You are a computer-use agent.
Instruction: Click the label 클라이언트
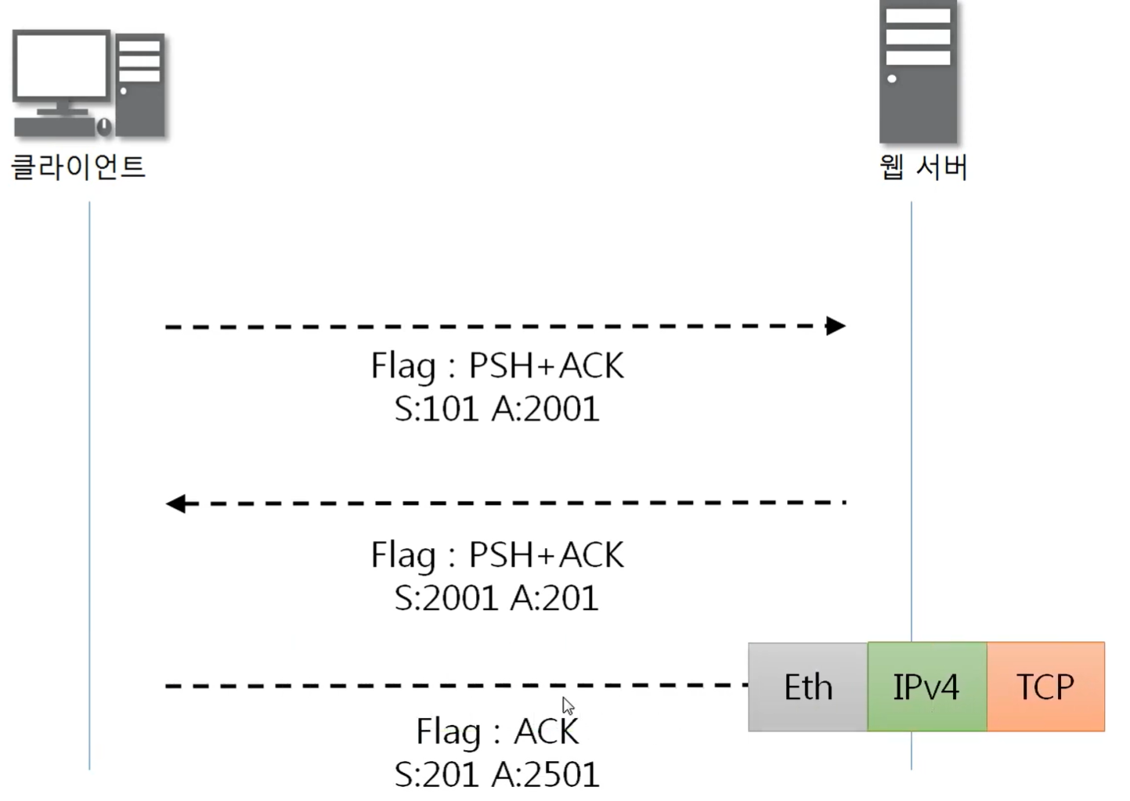(78, 167)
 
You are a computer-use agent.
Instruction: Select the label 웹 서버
(923, 167)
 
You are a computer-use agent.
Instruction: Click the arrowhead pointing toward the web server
(836, 326)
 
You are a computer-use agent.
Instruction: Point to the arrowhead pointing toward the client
(176, 503)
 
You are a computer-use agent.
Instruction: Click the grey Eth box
(807, 687)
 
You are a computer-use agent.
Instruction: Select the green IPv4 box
(926, 687)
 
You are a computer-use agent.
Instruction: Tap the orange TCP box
(1045, 687)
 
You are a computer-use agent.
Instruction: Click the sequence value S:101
(436, 409)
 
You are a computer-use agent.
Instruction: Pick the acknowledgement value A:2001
(546, 409)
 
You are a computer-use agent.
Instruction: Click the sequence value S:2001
(445, 598)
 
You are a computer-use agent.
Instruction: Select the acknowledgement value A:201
(554, 598)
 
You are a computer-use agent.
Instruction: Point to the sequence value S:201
(436, 775)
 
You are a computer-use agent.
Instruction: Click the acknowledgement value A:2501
(546, 775)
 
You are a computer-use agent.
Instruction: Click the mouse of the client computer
(103, 125)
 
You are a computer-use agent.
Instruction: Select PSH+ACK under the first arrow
(546, 366)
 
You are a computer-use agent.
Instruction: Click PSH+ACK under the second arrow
(546, 555)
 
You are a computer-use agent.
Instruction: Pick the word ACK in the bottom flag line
(546, 732)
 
